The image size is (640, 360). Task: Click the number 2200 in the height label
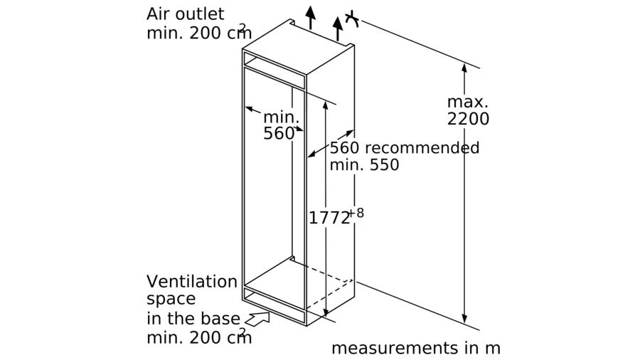tap(468, 119)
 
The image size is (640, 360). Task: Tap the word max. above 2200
tap(467, 102)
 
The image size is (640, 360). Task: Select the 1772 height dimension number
tap(329, 218)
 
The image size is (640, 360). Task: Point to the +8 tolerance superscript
tap(356, 213)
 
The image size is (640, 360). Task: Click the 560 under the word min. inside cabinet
tap(279, 134)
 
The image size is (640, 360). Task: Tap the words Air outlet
tap(186, 14)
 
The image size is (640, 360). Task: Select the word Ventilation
tap(192, 282)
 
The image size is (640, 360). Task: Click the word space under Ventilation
tap(171, 300)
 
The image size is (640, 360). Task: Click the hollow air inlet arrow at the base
tap(257, 319)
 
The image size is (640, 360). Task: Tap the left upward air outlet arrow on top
tap(311, 18)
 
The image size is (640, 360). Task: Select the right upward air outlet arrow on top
tap(338, 28)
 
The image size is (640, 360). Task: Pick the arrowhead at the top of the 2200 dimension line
tap(464, 68)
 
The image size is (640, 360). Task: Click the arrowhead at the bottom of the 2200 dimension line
tap(464, 319)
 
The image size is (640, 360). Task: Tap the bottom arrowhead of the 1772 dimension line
tap(326, 312)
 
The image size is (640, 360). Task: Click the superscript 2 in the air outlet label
tap(243, 28)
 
